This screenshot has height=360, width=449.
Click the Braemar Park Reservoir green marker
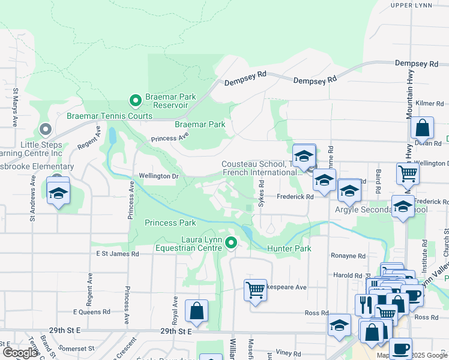point(136,100)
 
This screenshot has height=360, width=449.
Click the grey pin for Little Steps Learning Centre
point(45,129)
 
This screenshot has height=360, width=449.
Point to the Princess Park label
point(170,223)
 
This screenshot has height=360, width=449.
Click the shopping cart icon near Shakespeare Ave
point(255,289)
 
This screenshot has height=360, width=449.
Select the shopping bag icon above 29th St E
point(196,311)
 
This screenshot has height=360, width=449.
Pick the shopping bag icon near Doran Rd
point(422,128)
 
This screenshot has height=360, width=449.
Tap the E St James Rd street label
point(118,254)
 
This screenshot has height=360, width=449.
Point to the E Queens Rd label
point(91,312)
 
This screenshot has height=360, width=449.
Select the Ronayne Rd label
point(348,256)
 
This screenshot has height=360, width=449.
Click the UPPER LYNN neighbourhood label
point(411,5)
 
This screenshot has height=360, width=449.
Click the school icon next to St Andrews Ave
point(58,194)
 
